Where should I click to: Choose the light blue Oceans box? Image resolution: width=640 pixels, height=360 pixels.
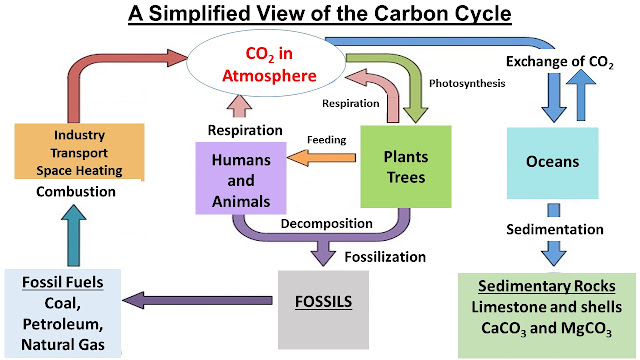[x=553, y=161]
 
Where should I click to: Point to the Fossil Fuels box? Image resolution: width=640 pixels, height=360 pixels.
[x=62, y=313]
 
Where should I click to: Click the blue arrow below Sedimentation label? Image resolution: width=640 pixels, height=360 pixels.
[x=553, y=251]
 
